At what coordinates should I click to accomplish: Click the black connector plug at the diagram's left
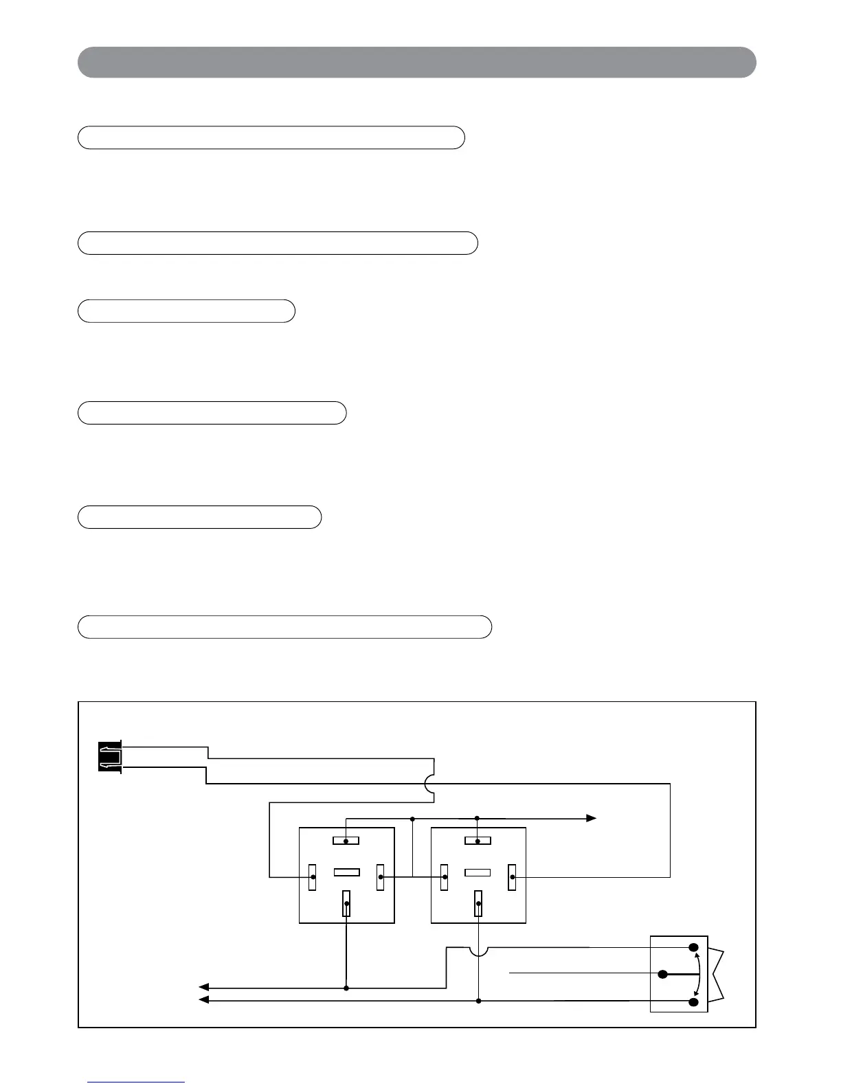pyautogui.click(x=110, y=757)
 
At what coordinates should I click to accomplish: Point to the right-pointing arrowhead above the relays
pyautogui.click(x=590, y=818)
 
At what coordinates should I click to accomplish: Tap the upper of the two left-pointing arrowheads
pyautogui.click(x=203, y=988)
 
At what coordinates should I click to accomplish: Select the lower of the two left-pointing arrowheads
pyautogui.click(x=203, y=1001)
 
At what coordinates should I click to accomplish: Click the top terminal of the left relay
pyautogui.click(x=346, y=841)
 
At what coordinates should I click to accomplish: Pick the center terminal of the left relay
pyautogui.click(x=346, y=872)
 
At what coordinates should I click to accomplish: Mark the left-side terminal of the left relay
pyautogui.click(x=313, y=876)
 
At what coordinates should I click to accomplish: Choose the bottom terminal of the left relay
pyautogui.click(x=346, y=903)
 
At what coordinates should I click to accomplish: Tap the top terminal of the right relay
pyautogui.click(x=478, y=841)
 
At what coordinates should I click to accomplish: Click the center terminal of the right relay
pyautogui.click(x=478, y=872)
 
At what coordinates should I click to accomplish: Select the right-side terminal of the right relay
pyautogui.click(x=512, y=877)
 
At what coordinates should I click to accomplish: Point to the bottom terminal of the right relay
pyautogui.click(x=478, y=903)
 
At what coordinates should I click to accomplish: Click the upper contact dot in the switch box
pyautogui.click(x=694, y=947)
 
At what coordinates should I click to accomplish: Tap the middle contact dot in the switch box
pyautogui.click(x=663, y=974)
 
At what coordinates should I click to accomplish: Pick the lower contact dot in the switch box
pyautogui.click(x=694, y=1002)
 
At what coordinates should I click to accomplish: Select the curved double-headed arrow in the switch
pyautogui.click(x=700, y=975)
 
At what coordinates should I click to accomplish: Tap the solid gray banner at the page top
pyautogui.click(x=416, y=63)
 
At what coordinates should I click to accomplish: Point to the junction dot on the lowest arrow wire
pyautogui.click(x=478, y=1001)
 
